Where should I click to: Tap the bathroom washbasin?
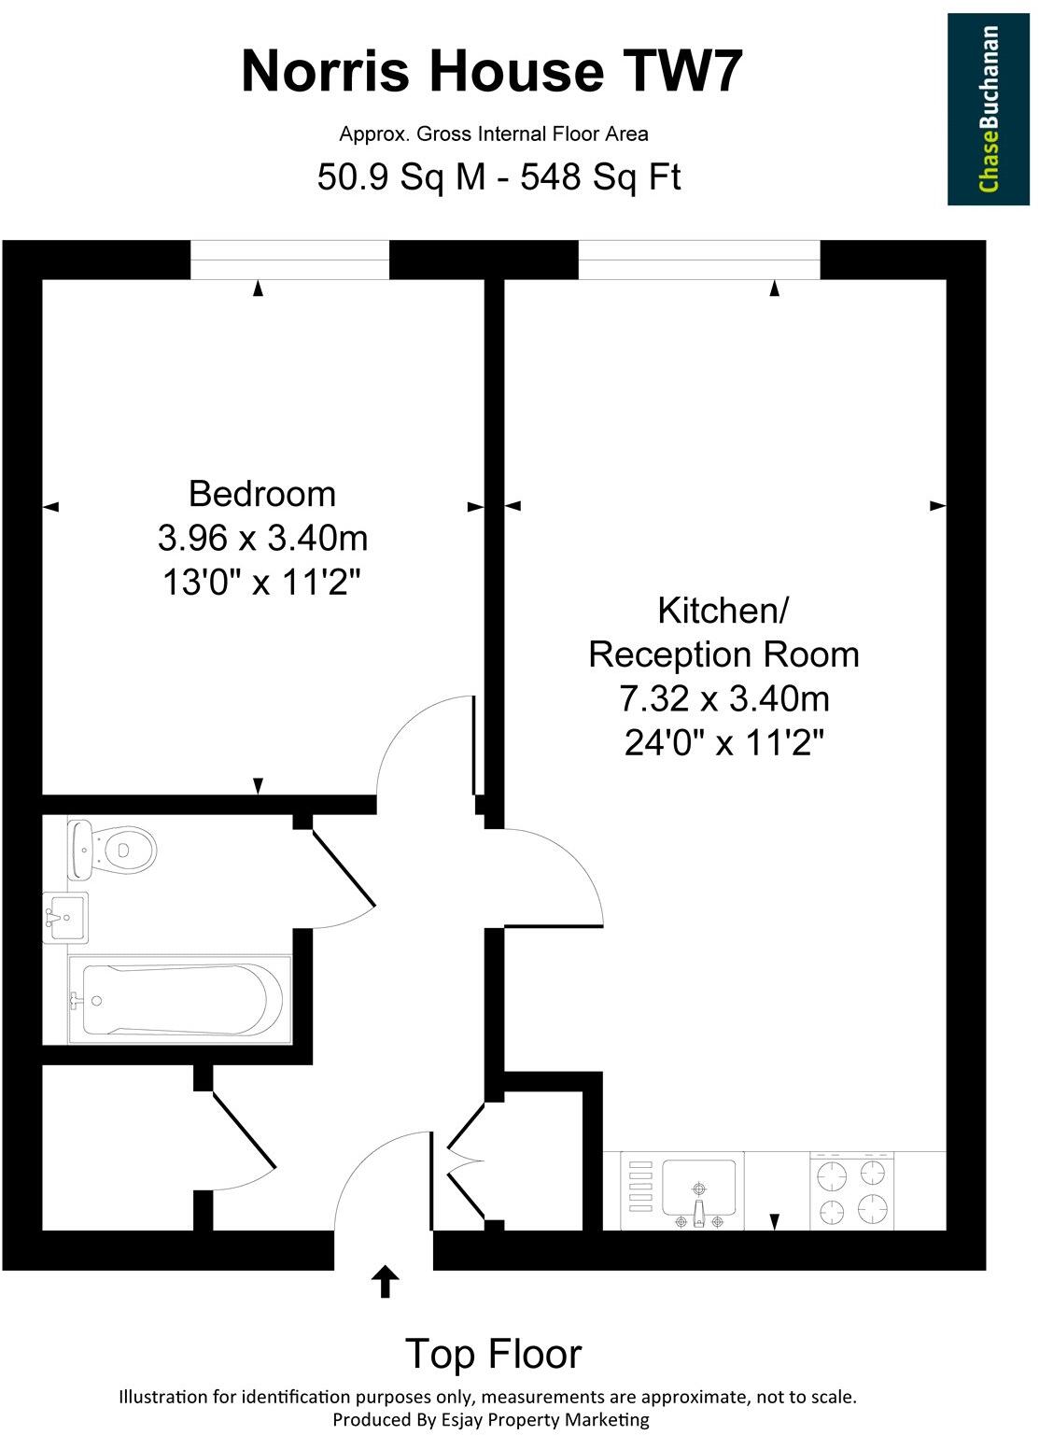(65, 917)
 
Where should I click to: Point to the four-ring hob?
(851, 1190)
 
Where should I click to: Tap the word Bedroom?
(261, 493)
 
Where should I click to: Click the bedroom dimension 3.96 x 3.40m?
(262, 538)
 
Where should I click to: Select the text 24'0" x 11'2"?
(723, 743)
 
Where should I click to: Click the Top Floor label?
(493, 1353)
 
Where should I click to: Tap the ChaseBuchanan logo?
(989, 109)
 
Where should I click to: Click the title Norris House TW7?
(493, 72)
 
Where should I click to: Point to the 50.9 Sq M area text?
(401, 176)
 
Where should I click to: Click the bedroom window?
(289, 259)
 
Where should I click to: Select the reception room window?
(699, 259)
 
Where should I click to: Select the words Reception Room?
(723, 654)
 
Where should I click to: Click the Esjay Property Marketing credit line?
(493, 1420)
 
